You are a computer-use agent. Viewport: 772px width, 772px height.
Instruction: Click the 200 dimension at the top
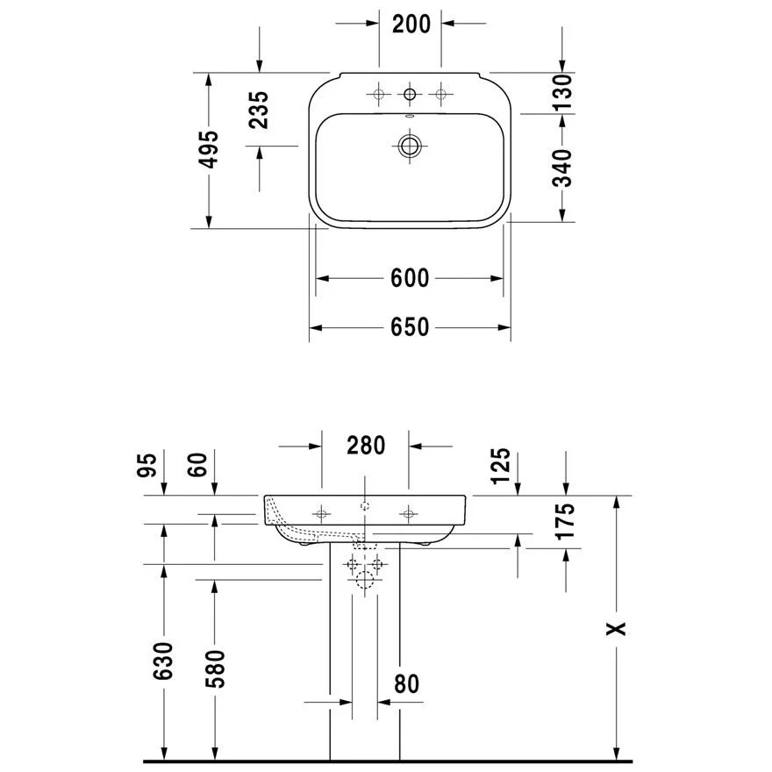pyautogui.click(x=411, y=24)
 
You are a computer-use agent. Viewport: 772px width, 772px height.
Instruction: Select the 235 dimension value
pyautogui.click(x=258, y=110)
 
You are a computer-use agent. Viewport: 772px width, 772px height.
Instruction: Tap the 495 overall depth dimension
pyautogui.click(x=208, y=150)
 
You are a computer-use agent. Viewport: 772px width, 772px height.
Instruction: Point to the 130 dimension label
pyautogui.click(x=562, y=92)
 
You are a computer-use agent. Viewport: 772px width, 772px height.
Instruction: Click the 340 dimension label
pyautogui.click(x=562, y=168)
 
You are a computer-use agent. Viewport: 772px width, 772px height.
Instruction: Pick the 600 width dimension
pyautogui.click(x=410, y=278)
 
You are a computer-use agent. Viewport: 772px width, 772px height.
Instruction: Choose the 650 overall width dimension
pyautogui.click(x=410, y=327)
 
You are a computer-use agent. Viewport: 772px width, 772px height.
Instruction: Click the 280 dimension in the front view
pyautogui.click(x=365, y=446)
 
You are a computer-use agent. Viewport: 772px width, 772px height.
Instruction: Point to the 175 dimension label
pyautogui.click(x=566, y=521)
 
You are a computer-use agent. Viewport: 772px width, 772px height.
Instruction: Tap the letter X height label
pyautogui.click(x=618, y=628)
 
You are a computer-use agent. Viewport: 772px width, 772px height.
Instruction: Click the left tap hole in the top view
pyautogui.click(x=379, y=93)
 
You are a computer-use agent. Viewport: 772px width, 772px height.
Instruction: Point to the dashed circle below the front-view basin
pyautogui.click(x=365, y=577)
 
